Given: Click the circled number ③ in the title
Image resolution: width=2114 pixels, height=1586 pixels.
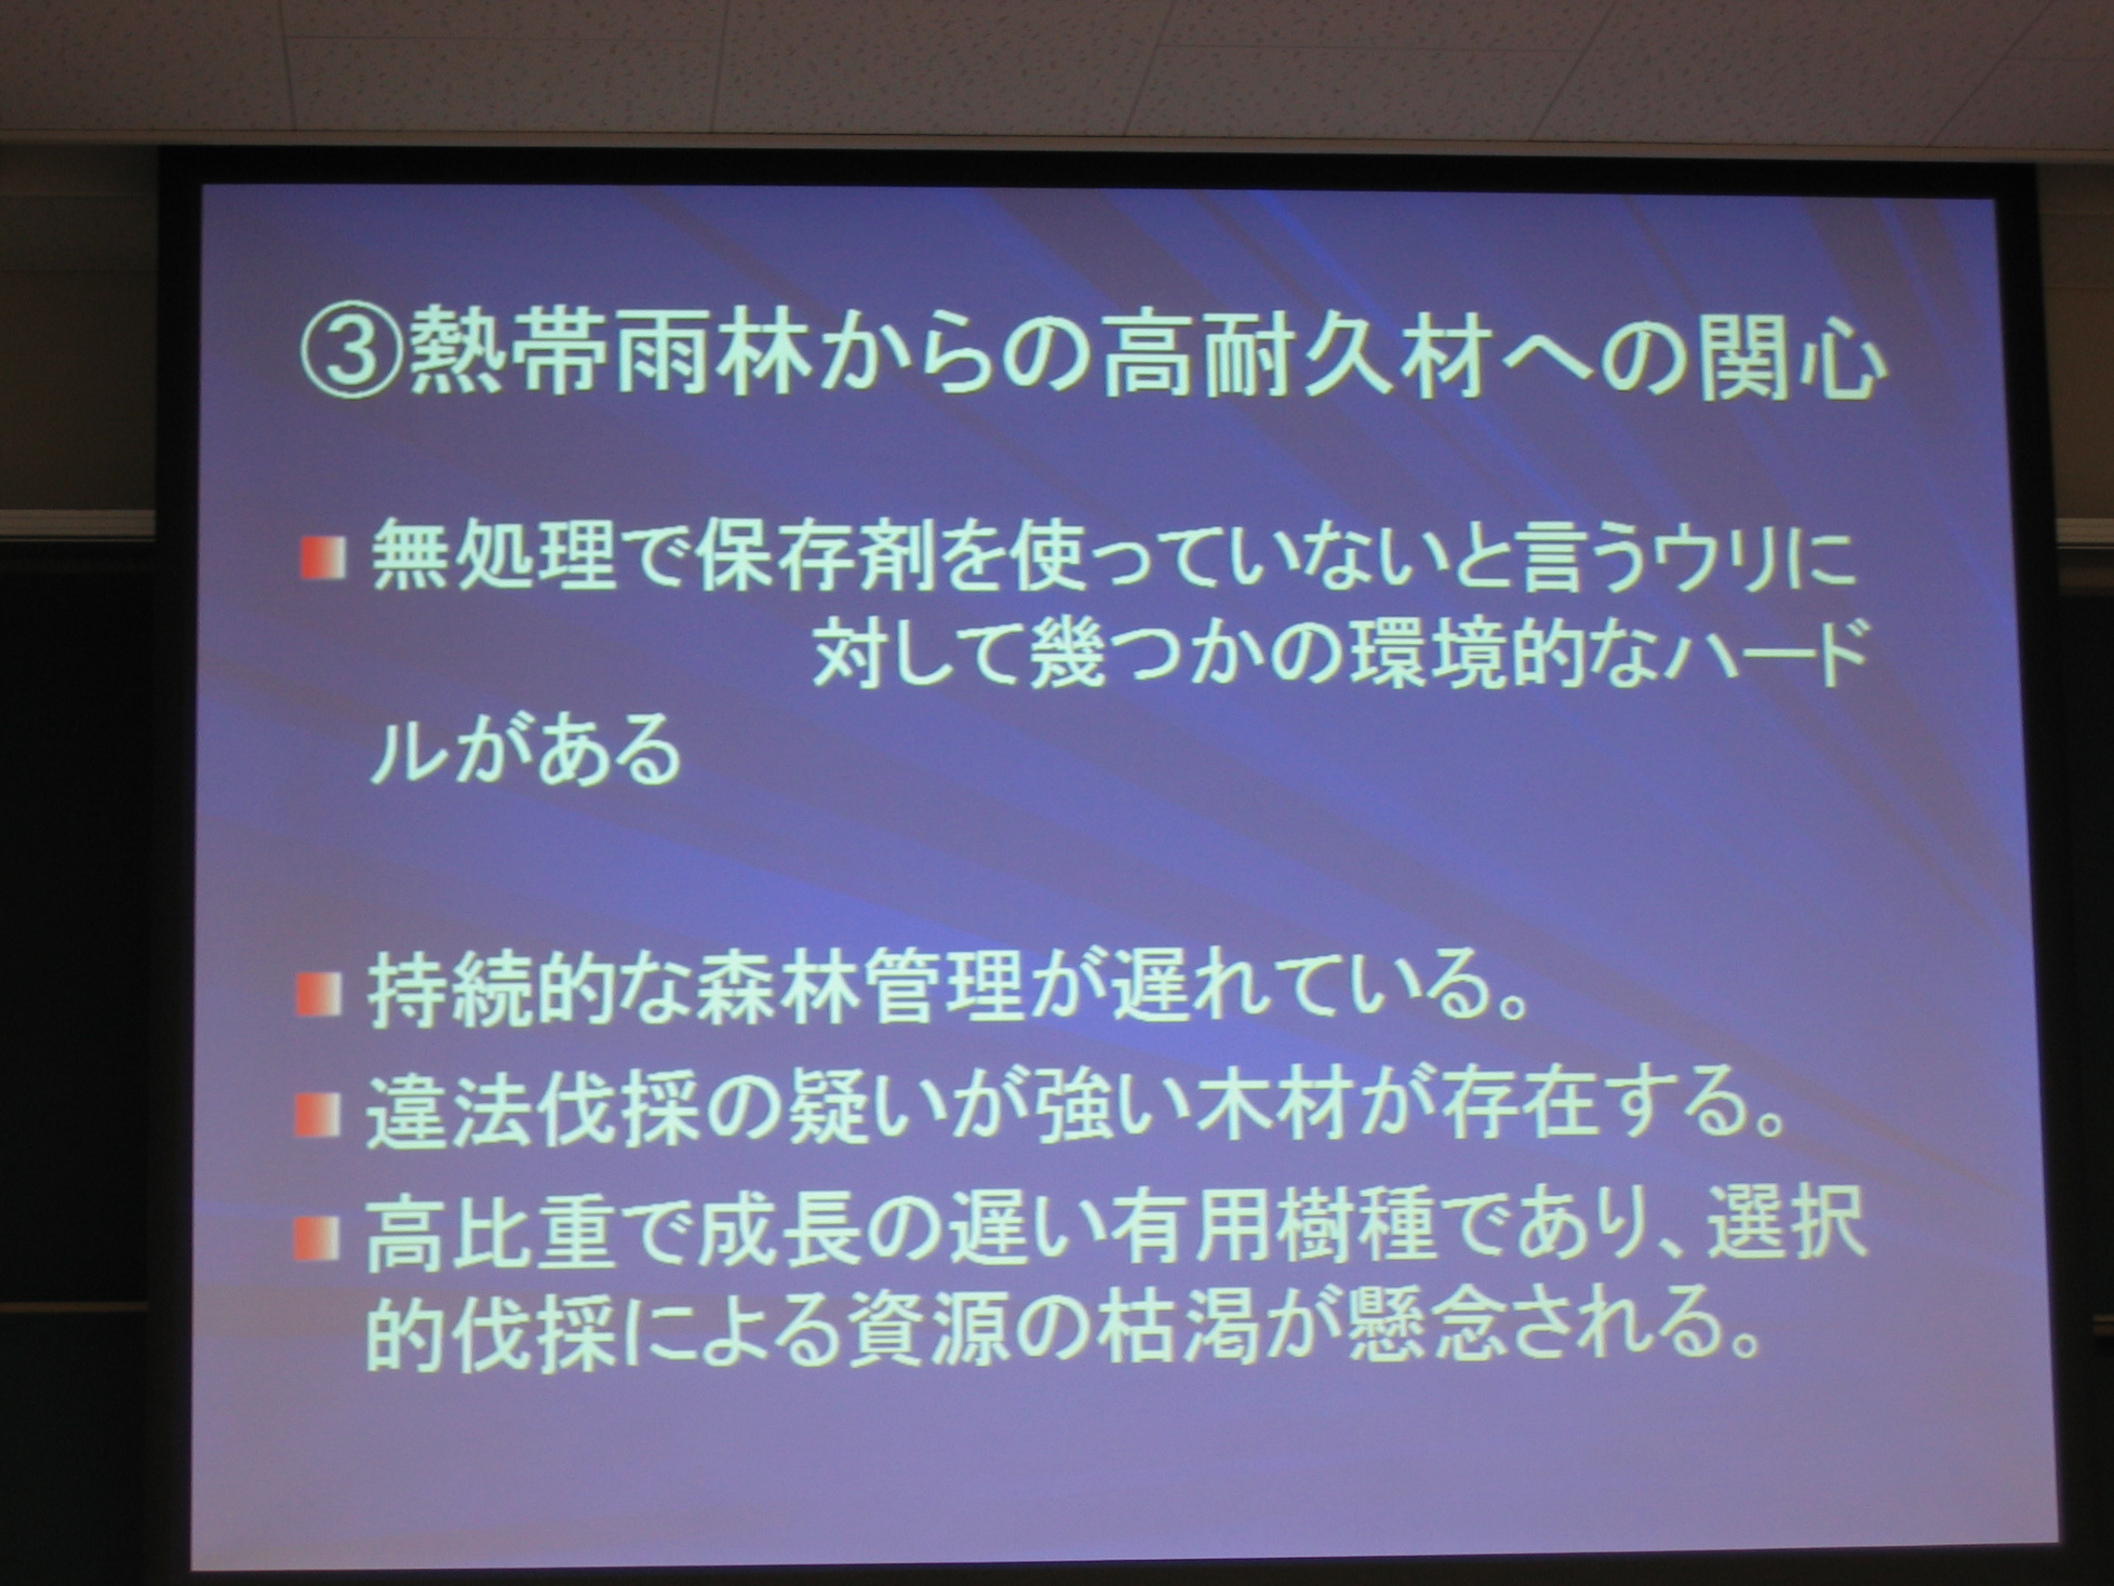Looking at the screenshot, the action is pos(352,364).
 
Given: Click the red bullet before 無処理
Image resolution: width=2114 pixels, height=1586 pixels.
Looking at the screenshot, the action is pos(320,560).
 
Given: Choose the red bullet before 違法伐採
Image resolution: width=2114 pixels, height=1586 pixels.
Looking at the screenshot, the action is pos(318,1112).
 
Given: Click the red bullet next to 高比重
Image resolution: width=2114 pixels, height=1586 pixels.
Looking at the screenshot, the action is pos(318,1238).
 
